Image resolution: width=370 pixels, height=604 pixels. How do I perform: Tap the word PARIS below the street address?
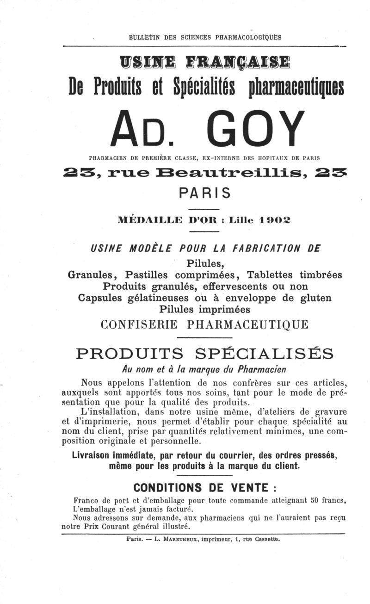click(204, 192)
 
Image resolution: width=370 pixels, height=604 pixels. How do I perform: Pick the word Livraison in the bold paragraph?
click(96, 455)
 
